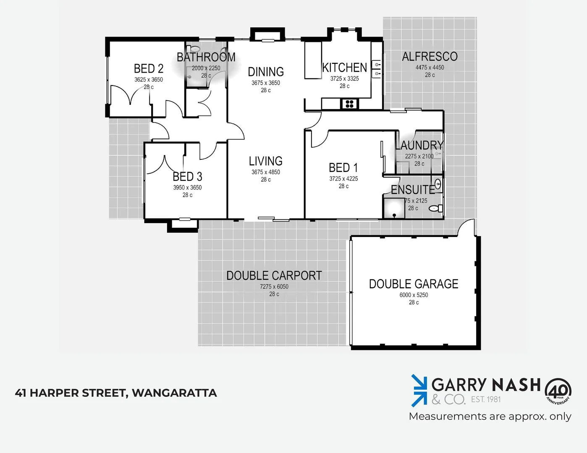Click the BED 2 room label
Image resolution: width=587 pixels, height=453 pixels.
pos(149,68)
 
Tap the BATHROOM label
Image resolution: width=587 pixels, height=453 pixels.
pos(206,57)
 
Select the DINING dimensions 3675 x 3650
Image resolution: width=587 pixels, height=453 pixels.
pos(265,83)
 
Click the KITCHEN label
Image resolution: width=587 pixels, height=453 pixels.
pos(345,68)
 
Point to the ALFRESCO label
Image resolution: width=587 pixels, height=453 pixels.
pos(430,57)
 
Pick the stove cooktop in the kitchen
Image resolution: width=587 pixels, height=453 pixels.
pos(349,104)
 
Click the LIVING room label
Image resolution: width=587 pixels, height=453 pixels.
pos(265,161)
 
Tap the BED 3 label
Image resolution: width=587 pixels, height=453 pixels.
pos(187,177)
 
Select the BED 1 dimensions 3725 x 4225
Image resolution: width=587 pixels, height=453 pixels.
pos(343,179)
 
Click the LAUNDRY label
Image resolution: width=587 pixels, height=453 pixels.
pos(419,145)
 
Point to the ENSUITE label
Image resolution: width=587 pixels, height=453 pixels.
pos(413,190)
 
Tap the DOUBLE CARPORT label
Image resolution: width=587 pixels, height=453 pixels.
pos(274,276)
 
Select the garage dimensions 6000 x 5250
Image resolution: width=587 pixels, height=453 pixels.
pos(414,295)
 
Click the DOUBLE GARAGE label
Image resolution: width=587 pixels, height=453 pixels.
pos(414,284)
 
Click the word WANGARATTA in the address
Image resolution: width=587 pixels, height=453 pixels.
pos(174,393)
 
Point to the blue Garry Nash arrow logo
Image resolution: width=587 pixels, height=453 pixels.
pos(419,390)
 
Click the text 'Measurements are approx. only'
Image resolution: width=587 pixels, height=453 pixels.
pos(490,417)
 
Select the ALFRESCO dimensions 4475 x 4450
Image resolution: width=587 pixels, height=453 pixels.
pos(430,68)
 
